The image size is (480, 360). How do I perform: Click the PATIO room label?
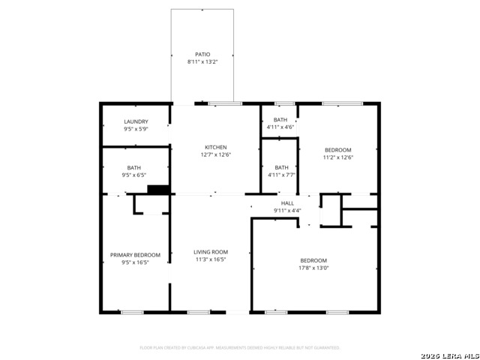(202, 55)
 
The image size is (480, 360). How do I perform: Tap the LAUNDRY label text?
(136, 121)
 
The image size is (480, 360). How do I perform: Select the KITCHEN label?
(216, 147)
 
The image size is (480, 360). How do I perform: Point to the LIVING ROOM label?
(211, 252)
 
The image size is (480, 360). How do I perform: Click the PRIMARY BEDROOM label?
(136, 255)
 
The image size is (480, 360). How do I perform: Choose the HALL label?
(287, 203)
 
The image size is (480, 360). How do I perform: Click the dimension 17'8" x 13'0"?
(313, 268)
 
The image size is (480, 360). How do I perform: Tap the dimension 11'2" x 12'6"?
(337, 157)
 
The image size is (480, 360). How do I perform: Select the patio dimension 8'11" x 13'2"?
(202, 62)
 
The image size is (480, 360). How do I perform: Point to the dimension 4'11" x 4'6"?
(280, 127)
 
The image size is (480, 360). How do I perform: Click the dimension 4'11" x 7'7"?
(281, 175)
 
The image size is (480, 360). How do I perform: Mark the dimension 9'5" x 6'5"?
(133, 175)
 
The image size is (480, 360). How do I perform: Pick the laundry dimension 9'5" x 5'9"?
(136, 129)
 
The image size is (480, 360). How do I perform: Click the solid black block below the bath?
(159, 190)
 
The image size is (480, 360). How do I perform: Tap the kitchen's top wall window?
(225, 103)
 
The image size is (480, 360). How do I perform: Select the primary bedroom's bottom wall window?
(132, 312)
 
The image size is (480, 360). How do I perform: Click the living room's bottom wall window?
(199, 312)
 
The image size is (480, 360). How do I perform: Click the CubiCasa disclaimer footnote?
(240, 348)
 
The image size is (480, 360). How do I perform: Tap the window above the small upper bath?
(284, 103)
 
